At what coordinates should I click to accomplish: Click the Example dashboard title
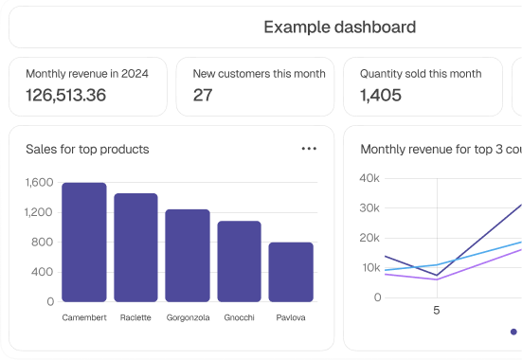(x=339, y=27)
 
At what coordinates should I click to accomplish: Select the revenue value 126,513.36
(x=65, y=96)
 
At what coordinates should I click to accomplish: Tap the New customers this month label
(x=259, y=74)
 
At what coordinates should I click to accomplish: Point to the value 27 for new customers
(x=203, y=96)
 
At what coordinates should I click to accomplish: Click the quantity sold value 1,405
(x=381, y=96)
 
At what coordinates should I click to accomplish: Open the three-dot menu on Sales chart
(x=309, y=149)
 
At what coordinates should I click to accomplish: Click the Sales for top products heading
(x=87, y=149)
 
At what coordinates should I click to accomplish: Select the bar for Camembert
(x=84, y=243)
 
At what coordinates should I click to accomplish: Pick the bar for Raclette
(x=135, y=247)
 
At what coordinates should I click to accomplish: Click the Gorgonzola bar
(x=188, y=256)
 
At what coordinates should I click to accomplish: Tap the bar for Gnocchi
(x=239, y=261)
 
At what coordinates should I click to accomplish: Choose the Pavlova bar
(x=291, y=272)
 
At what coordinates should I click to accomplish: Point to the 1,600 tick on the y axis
(x=40, y=182)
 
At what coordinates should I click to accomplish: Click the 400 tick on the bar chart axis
(x=43, y=272)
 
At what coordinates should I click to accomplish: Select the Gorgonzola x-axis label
(x=188, y=318)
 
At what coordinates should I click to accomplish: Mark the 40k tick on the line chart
(x=370, y=178)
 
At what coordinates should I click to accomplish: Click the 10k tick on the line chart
(x=370, y=268)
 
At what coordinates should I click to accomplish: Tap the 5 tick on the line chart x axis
(x=437, y=310)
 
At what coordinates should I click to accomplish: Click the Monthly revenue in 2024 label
(x=87, y=74)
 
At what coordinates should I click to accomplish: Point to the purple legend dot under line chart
(x=513, y=333)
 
